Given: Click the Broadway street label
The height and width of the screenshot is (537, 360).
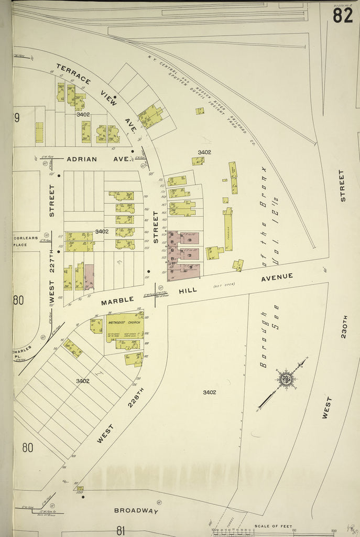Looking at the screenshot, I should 136,510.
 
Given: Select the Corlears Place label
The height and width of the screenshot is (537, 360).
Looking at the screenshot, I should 26,241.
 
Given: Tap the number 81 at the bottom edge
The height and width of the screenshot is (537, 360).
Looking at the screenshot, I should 121,530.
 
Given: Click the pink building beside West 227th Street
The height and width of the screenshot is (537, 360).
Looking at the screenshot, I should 89,277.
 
